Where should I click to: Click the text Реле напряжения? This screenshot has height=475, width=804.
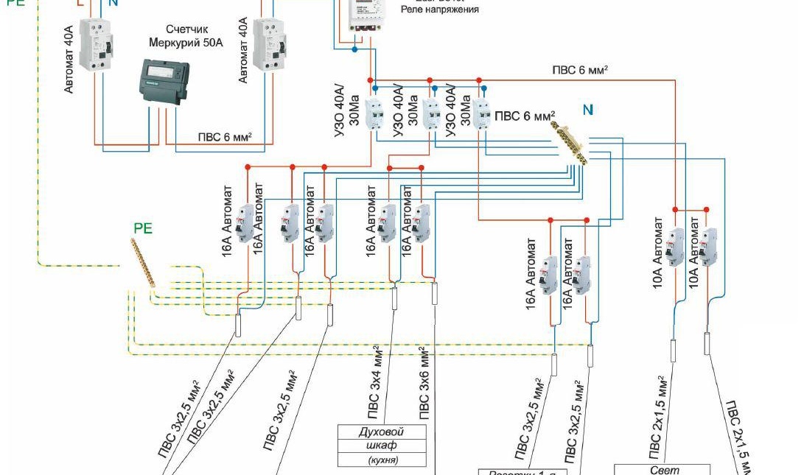pos(440,10)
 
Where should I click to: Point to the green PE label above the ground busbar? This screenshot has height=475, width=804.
pos(143,228)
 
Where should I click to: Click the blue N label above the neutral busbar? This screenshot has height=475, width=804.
pos(587,110)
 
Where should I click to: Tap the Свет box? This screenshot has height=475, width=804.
pos(661,470)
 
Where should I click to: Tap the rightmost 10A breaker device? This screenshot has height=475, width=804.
pos(708,247)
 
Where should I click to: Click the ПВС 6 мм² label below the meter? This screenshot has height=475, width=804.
pos(225,137)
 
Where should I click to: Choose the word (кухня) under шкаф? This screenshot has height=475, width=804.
pos(382,460)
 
